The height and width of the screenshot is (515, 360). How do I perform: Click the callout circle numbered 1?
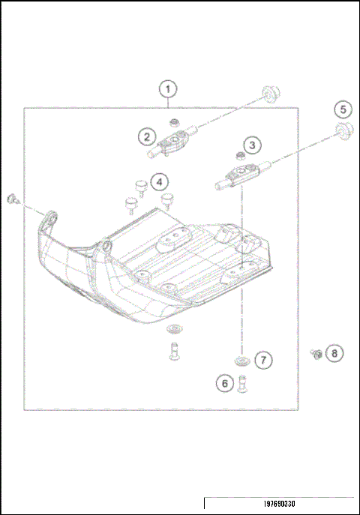point(169,89)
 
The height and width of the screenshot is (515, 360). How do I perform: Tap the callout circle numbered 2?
point(147,136)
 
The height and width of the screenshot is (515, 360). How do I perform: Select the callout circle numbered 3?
point(252,144)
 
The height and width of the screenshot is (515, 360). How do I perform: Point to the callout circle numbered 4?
point(158,181)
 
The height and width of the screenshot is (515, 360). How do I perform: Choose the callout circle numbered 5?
point(343,109)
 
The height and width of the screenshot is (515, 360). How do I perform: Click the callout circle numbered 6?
point(223,383)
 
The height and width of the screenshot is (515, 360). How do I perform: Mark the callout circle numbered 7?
point(262,361)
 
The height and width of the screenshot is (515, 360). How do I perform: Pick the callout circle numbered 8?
point(335,352)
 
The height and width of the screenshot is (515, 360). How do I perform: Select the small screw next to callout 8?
point(317,352)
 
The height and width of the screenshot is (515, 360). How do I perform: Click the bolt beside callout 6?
point(242,384)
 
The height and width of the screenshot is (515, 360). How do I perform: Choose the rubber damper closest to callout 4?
point(139,184)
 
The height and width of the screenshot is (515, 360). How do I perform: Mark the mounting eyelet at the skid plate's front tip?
point(51,219)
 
